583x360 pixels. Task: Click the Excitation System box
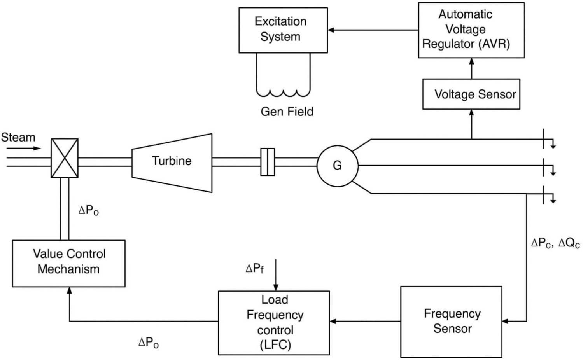[283, 30]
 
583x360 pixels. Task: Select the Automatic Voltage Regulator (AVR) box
[471, 30]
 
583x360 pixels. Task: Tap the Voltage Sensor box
[471, 94]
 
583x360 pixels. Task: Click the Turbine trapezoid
[172, 163]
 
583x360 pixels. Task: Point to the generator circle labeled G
[337, 166]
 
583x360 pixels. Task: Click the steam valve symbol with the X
[65, 158]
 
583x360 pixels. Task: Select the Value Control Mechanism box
[68, 263]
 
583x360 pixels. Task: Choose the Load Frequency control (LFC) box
[274, 323]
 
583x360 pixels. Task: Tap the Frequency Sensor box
[451, 322]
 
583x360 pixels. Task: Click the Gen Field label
[287, 112]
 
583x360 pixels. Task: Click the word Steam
[18, 137]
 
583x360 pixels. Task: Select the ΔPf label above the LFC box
[255, 268]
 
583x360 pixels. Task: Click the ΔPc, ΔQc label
[555, 243]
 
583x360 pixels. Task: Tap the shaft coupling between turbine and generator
[268, 162]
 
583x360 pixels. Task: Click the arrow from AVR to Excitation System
[373, 30]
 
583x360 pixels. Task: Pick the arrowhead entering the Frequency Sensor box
[505, 321]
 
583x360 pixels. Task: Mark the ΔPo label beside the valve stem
[89, 210]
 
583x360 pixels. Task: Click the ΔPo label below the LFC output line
[149, 343]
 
